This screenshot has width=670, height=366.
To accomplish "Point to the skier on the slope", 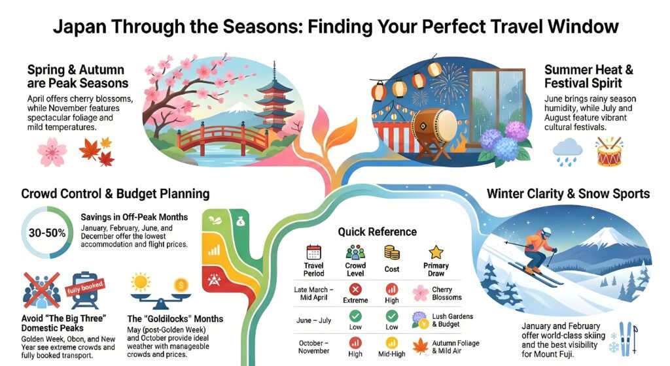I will click(537, 252).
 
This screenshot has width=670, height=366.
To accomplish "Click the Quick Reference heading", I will click(378, 231).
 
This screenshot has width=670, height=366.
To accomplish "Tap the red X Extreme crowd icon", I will click(356, 289).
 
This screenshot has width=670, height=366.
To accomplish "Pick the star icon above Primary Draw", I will click(436, 252).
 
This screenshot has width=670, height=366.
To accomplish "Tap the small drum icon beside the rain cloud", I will click(608, 152).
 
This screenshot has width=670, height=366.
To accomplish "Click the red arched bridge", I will click(216, 138).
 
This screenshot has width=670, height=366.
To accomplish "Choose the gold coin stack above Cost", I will click(392, 253).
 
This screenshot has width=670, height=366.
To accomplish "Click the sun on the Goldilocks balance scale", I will click(139, 283).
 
